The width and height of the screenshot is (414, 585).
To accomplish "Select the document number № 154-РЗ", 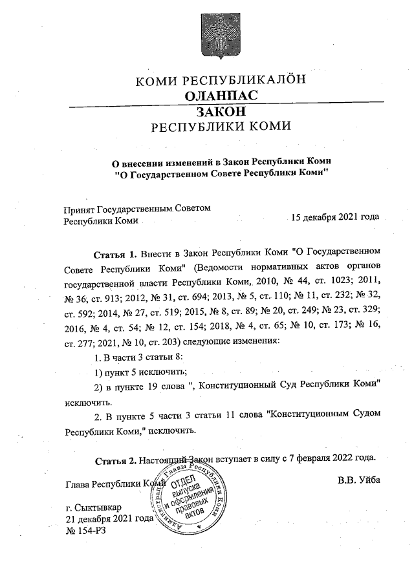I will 85,531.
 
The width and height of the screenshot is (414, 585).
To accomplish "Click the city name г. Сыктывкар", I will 93,507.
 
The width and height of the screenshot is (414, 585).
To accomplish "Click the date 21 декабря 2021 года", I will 109,518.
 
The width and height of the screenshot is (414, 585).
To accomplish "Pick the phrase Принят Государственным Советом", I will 137,209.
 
